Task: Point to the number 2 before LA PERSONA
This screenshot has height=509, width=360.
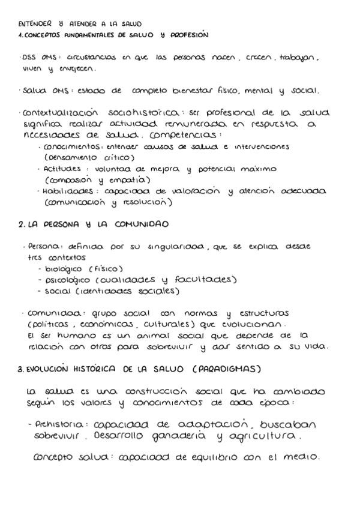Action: [x=21, y=224]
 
